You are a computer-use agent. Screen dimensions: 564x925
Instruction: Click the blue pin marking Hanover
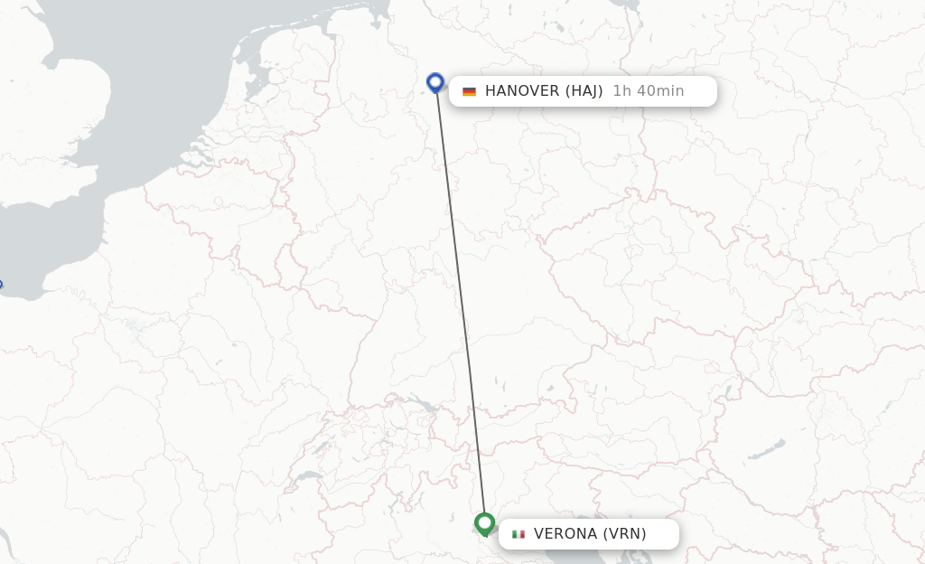pyautogui.click(x=435, y=82)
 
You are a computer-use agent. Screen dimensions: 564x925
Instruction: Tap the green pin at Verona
pyautogui.click(x=484, y=523)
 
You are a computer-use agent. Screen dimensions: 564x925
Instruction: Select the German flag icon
pyautogui.click(x=469, y=91)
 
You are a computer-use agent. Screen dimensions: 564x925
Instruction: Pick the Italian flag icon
pyautogui.click(x=518, y=534)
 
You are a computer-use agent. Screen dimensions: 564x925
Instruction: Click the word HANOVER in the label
pyautogui.click(x=522, y=90)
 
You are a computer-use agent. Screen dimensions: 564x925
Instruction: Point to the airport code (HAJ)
pyautogui.click(x=584, y=90)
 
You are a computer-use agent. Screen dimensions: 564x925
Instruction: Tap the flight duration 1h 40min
pyautogui.click(x=648, y=90)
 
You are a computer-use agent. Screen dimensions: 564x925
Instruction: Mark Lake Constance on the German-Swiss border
pyautogui.click(x=417, y=404)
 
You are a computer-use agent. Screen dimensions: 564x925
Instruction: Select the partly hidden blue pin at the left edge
pyautogui.click(x=1, y=286)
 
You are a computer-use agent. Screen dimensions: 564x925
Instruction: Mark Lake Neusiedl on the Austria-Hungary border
pyautogui.click(x=727, y=394)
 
